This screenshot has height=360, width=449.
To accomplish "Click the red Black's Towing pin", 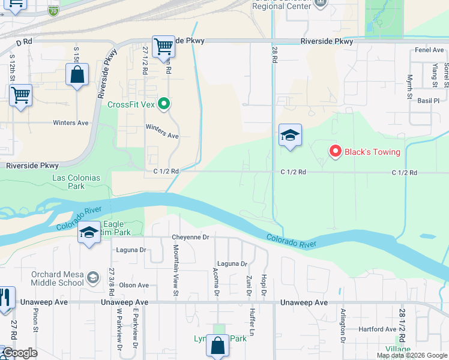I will click(336, 151).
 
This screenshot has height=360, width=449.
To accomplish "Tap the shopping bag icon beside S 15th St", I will click(77, 76).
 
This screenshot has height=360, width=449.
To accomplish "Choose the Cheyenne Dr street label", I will click(190, 237).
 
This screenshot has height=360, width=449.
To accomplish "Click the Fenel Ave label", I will click(429, 50).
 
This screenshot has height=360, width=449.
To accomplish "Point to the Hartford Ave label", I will click(378, 329).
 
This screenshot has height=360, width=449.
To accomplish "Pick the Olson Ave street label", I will click(134, 285).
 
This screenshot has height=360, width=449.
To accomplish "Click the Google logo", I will click(20, 353).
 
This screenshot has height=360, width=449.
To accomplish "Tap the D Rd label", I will click(23, 43).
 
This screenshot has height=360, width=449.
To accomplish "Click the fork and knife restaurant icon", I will click(5, 298).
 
